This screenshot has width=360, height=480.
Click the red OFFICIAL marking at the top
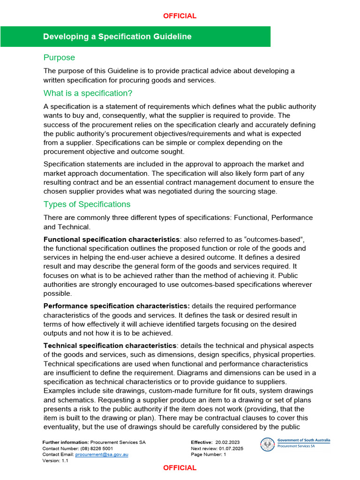(180, 16)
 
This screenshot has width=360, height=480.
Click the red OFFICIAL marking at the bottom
(180, 468)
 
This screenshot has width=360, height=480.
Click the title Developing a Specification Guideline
(117, 37)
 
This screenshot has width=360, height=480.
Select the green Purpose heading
(59, 58)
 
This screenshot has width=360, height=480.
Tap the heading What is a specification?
(88, 93)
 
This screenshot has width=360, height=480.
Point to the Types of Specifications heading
(87, 204)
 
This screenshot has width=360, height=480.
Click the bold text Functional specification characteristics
(111, 240)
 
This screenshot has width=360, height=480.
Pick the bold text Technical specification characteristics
(110, 345)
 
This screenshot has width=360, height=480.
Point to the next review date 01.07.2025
(231, 449)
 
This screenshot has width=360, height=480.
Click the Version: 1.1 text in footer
(55, 461)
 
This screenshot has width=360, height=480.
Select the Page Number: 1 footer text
(209, 455)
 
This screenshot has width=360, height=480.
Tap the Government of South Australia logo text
(303, 441)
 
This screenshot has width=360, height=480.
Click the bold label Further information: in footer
(65, 442)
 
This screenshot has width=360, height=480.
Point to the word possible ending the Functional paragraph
(57, 293)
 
